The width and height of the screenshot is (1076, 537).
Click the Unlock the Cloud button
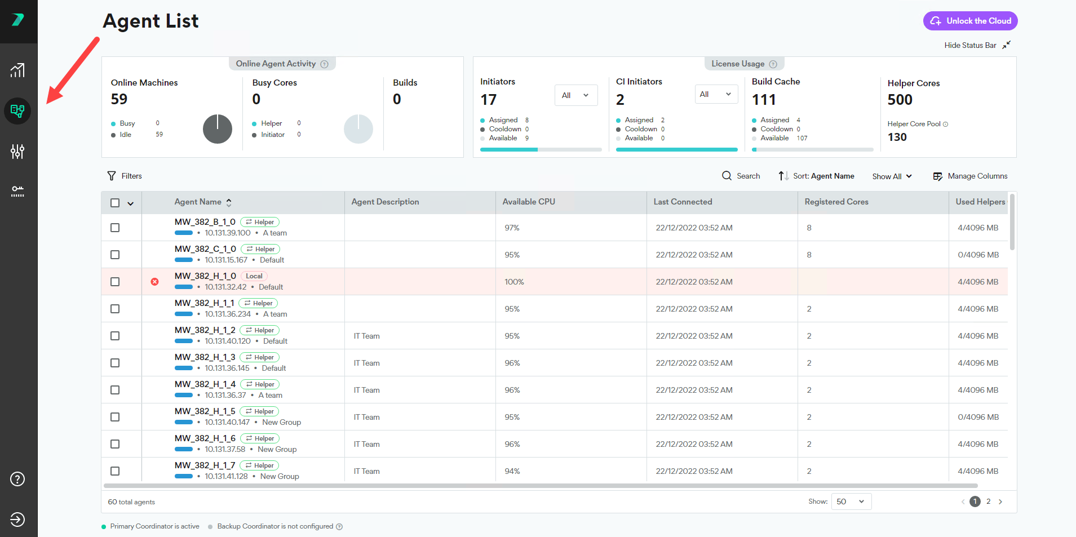pos(970,21)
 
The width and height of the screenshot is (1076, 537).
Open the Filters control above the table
pos(125,176)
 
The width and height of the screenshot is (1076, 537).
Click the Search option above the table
pos(741,176)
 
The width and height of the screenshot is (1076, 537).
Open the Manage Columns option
pos(970,176)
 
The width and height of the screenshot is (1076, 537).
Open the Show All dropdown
pos(892,176)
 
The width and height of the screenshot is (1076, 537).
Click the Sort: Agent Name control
pos(816,176)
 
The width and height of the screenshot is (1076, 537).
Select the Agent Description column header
pos(385,202)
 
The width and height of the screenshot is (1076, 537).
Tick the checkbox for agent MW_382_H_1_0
pos(115,282)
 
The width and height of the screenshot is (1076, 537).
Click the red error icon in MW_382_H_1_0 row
pos(154,282)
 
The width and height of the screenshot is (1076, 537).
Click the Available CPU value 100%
pos(514,282)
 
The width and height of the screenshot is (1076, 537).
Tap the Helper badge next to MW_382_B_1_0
pos(260,222)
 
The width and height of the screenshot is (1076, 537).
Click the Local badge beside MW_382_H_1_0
pos(254,276)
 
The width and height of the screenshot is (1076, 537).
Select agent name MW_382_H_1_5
pos(205,411)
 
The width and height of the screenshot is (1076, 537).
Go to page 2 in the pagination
pos(988,502)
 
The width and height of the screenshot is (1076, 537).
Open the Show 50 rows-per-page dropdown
pos(851,502)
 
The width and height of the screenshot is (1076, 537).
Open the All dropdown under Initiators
pos(576,95)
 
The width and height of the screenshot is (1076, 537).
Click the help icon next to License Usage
pos(773,64)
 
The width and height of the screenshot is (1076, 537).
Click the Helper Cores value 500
pos(900,100)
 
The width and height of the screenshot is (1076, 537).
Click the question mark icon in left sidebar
pos(17,479)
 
